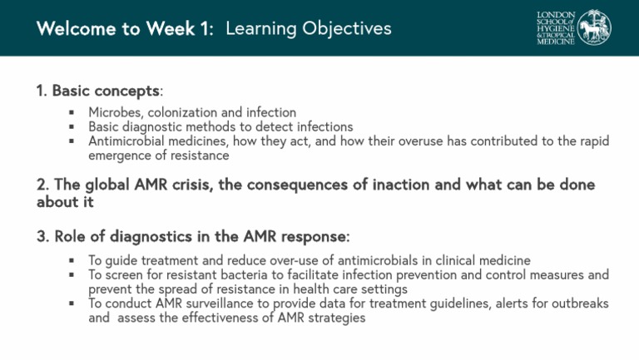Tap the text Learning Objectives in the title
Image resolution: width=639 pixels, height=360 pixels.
click(308, 29)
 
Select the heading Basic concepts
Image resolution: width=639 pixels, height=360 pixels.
click(105, 91)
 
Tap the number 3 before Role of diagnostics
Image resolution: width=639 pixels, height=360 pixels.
click(41, 237)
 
